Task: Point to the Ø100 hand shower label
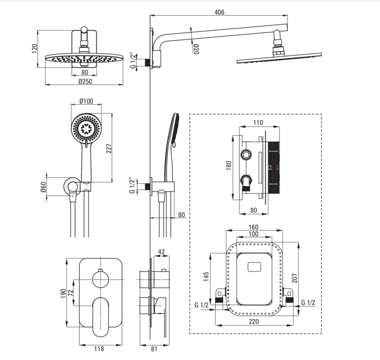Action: pos(86,101)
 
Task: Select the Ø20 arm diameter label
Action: pos(196,49)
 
